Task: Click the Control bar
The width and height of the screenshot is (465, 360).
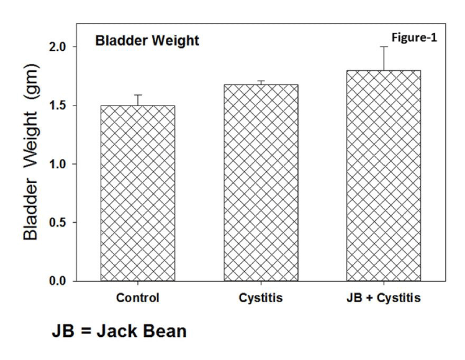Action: [x=138, y=193]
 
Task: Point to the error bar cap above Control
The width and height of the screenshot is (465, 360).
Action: [x=138, y=95]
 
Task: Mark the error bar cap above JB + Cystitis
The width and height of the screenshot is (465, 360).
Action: [x=384, y=47]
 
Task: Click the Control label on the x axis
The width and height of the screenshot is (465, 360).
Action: [x=138, y=298]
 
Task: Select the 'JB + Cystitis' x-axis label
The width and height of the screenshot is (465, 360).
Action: [x=384, y=298]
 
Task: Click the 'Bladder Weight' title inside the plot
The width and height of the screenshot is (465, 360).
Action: [x=147, y=42]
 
